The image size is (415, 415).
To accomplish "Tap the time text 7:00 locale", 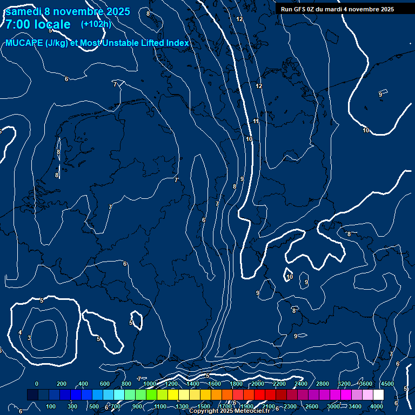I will [38, 24].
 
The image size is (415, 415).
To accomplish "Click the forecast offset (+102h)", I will [96, 24].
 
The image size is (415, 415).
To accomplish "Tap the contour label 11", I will [256, 121].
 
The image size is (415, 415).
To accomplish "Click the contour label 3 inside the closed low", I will [29, 338].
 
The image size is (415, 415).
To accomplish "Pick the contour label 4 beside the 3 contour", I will [20, 332].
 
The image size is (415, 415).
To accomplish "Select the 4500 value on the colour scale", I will [387, 384].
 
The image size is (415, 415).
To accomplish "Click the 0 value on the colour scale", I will [37, 384].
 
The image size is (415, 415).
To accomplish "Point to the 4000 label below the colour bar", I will [377, 406].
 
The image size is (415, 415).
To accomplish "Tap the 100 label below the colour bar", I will [51, 406].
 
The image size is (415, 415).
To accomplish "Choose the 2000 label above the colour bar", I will [258, 384].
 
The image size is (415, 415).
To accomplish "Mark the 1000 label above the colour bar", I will [150, 384].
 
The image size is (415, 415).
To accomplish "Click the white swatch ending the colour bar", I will [378, 395].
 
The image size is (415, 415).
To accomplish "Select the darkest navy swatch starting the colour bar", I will [32, 395].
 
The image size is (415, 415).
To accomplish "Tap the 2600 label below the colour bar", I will [312, 406].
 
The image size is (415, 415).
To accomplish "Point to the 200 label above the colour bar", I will [61, 384].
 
